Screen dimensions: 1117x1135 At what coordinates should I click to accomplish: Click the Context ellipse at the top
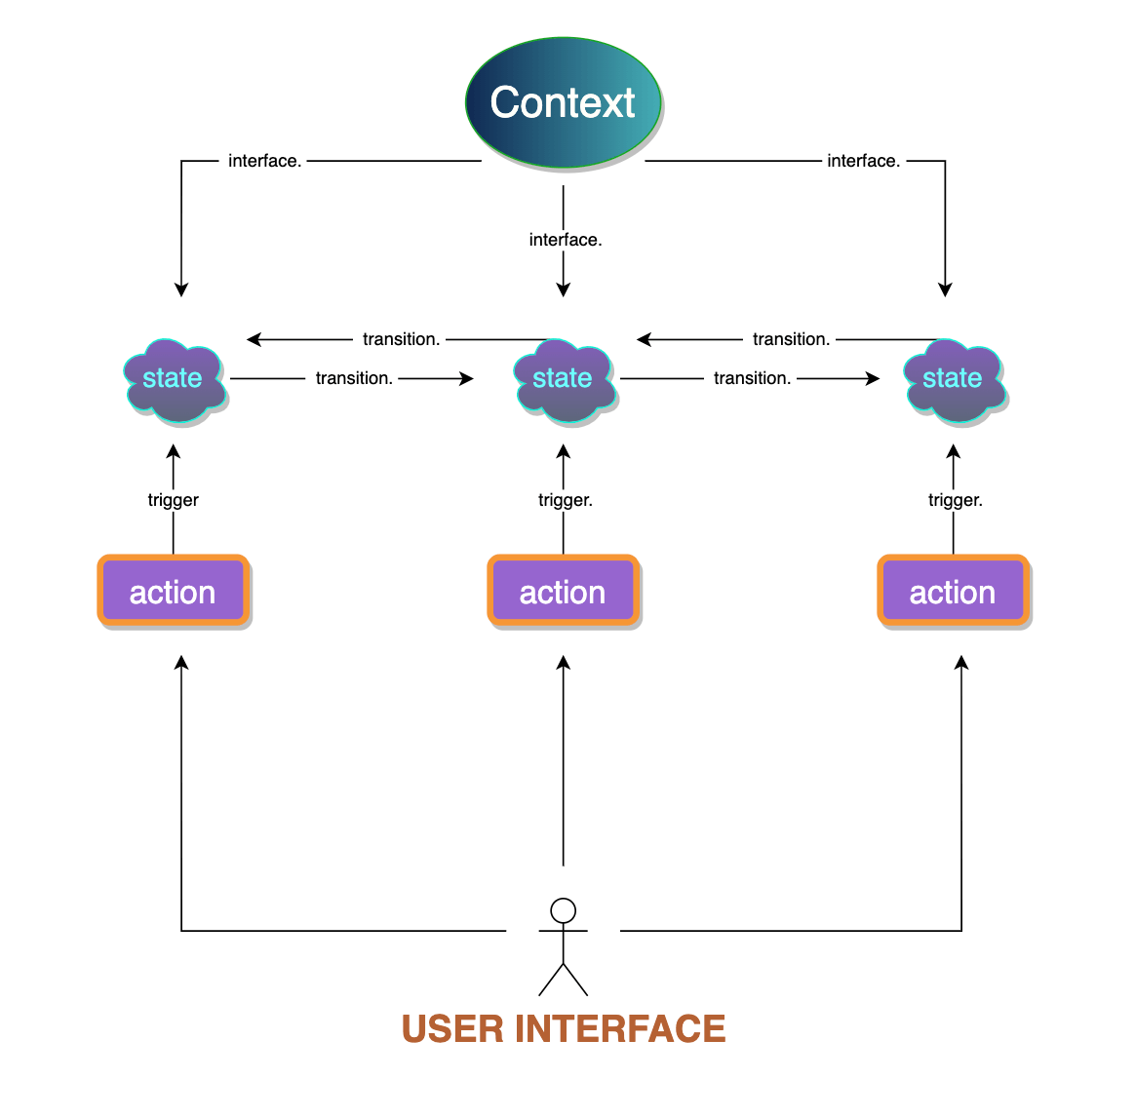563,102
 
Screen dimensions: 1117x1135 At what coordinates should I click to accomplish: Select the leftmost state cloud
174,380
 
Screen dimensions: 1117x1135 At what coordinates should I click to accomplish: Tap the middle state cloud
564,380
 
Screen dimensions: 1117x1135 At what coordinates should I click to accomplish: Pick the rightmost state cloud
954,380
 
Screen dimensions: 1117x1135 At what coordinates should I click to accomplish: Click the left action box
173,591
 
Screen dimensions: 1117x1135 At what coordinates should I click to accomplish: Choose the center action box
563,591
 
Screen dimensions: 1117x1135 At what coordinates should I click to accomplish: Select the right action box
953,591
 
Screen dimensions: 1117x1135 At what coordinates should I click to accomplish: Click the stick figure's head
563,910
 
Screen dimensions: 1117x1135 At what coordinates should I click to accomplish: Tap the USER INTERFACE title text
564,1029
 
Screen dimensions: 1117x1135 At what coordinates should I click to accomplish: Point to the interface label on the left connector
264,161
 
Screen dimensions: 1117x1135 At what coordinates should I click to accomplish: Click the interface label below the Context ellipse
565,240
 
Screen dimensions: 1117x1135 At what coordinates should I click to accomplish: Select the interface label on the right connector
863,161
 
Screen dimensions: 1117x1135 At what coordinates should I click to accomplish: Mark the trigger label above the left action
173,500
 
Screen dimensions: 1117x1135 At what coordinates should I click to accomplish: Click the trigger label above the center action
565,500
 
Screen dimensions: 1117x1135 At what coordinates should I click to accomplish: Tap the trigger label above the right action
955,500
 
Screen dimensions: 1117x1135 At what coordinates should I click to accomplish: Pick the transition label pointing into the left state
401,339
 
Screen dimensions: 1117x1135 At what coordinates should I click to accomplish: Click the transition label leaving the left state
354,378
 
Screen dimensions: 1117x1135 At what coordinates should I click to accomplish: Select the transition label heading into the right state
752,378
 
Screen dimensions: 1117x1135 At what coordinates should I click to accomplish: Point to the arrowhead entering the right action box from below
961,663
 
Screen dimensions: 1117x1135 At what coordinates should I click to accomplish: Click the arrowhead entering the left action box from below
181,663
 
